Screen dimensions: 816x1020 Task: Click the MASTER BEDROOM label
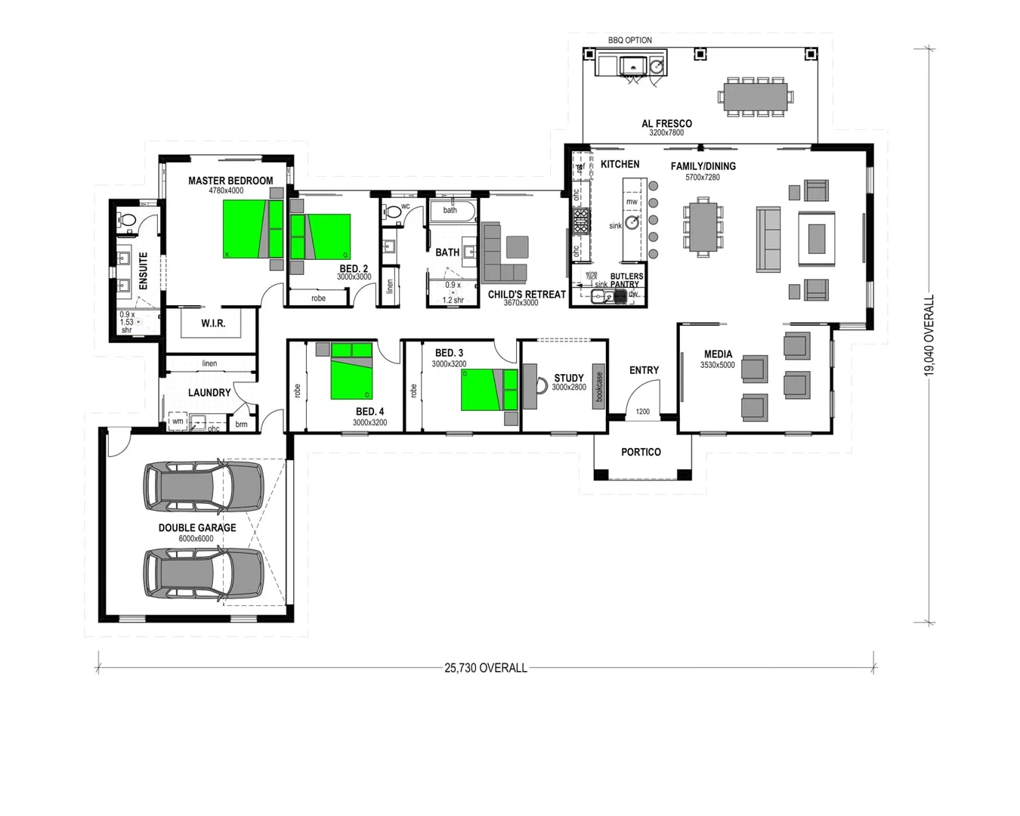pyautogui.click(x=230, y=181)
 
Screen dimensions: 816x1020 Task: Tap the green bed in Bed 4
pyautogui.click(x=351, y=371)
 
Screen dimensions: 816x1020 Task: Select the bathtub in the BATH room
pyautogui.click(x=452, y=210)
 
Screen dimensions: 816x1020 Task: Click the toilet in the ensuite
pyautogui.click(x=127, y=221)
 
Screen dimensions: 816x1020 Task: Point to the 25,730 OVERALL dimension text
pyautogui.click(x=486, y=668)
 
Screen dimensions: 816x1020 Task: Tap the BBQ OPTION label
pyautogui.click(x=629, y=40)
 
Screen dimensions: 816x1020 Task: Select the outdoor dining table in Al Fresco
pyautogui.click(x=755, y=97)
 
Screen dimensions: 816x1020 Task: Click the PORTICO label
pyautogui.click(x=641, y=452)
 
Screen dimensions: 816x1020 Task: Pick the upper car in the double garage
pyautogui.click(x=203, y=488)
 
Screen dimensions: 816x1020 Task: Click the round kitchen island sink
pyautogui.click(x=632, y=222)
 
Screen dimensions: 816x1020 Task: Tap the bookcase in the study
pyautogui.click(x=599, y=386)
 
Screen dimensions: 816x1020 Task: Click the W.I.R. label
pyautogui.click(x=213, y=323)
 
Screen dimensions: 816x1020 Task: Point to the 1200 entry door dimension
pyautogui.click(x=642, y=412)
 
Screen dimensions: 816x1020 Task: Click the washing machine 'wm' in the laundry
pyautogui.click(x=178, y=422)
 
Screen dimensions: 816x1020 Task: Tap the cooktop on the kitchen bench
pyautogui.click(x=580, y=221)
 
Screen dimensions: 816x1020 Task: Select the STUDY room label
pyautogui.click(x=569, y=378)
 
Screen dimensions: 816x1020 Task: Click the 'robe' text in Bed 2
pyautogui.click(x=318, y=298)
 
